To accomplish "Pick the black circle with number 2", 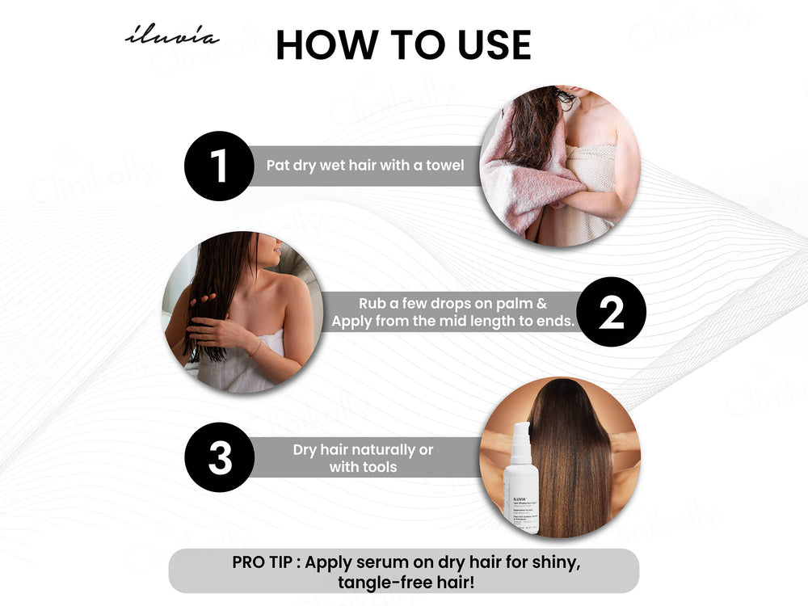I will [612, 312].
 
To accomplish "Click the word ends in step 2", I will [555, 322].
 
